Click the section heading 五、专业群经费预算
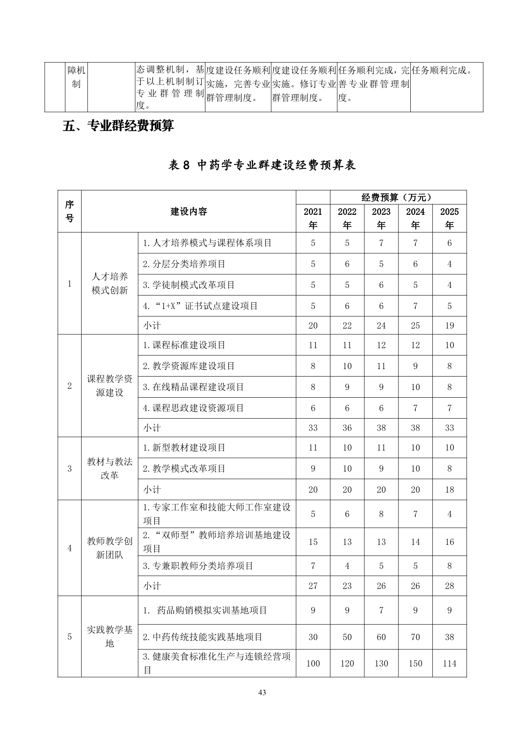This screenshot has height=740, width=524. click(x=118, y=126)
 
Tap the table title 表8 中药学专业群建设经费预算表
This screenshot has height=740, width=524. click(x=262, y=165)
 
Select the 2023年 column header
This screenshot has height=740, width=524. click(x=381, y=218)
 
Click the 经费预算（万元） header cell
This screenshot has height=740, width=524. click(x=398, y=197)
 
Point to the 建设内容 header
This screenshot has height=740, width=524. click(x=188, y=211)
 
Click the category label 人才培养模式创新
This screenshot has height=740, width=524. click(x=109, y=283)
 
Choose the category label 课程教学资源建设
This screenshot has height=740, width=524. click(x=109, y=385)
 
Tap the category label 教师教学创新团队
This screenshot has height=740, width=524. click(x=109, y=548)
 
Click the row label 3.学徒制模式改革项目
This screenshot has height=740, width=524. click(x=188, y=285)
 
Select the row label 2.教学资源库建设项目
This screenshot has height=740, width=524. click(x=188, y=366)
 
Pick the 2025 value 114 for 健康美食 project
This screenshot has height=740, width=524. click(x=449, y=663)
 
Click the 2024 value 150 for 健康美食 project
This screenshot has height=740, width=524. click(x=415, y=663)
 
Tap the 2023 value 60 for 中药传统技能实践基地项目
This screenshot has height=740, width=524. click(x=381, y=637)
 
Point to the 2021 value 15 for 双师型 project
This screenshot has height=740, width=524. click(x=313, y=542)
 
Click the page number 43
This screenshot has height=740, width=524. click(x=262, y=692)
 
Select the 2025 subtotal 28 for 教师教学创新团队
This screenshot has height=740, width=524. click(x=449, y=586)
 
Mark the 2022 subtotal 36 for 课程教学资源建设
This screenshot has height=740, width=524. click(x=347, y=428)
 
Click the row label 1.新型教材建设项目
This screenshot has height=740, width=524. click(x=184, y=447)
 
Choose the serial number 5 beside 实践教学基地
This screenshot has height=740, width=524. click(x=70, y=637)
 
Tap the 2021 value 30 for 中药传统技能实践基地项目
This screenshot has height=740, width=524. click(x=313, y=637)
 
